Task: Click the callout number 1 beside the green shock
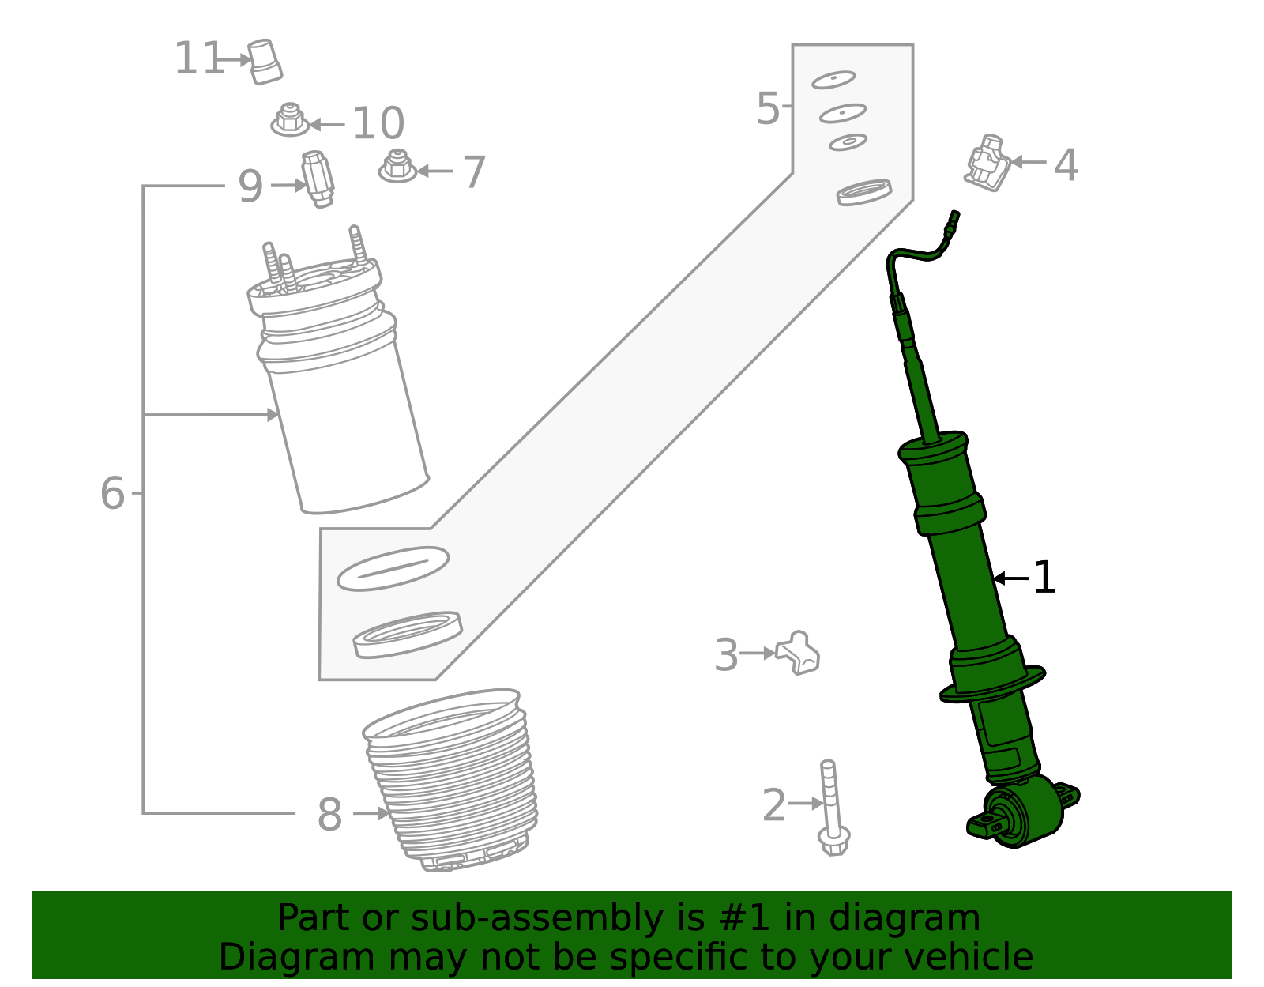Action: pyautogui.click(x=1044, y=578)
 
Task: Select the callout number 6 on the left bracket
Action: pyautogui.click(x=113, y=494)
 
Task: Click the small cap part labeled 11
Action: pyautogui.click(x=265, y=61)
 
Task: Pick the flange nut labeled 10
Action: pyautogui.click(x=290, y=120)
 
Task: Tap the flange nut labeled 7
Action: pyautogui.click(x=397, y=167)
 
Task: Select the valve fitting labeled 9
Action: pyautogui.click(x=318, y=179)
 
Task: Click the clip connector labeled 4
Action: pyautogui.click(x=988, y=164)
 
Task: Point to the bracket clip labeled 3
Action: pyautogui.click(x=798, y=653)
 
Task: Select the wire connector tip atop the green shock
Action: pyautogui.click(x=954, y=218)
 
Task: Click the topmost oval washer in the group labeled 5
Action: pyautogui.click(x=833, y=80)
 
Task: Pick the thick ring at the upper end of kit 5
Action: pyautogui.click(x=864, y=192)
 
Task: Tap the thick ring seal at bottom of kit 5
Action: pyautogui.click(x=407, y=634)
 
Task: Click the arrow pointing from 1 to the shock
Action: pyautogui.click(x=1011, y=579)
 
